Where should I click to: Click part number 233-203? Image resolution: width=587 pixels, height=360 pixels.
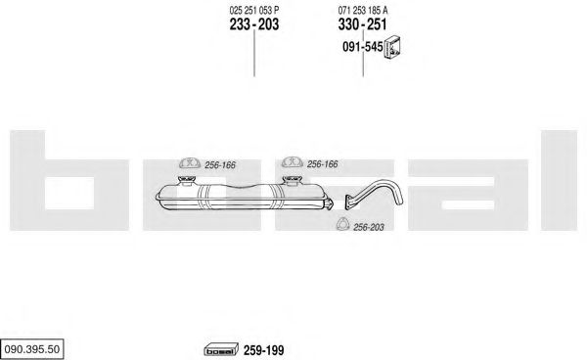point(254,24)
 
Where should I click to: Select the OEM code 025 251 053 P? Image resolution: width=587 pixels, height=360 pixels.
point(254,10)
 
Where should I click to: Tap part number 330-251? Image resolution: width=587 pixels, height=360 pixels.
point(362,24)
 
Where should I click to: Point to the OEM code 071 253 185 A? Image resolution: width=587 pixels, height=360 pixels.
point(363,10)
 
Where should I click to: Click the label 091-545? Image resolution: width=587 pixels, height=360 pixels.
point(363,47)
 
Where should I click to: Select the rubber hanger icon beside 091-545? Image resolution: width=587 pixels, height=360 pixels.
point(393,48)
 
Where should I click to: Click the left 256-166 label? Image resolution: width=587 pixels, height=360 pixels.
point(220,165)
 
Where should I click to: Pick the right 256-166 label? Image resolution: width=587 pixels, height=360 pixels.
point(322,164)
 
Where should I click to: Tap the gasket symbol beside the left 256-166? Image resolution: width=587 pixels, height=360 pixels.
point(190,162)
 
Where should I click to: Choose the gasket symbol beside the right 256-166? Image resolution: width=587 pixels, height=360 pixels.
point(292,161)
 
